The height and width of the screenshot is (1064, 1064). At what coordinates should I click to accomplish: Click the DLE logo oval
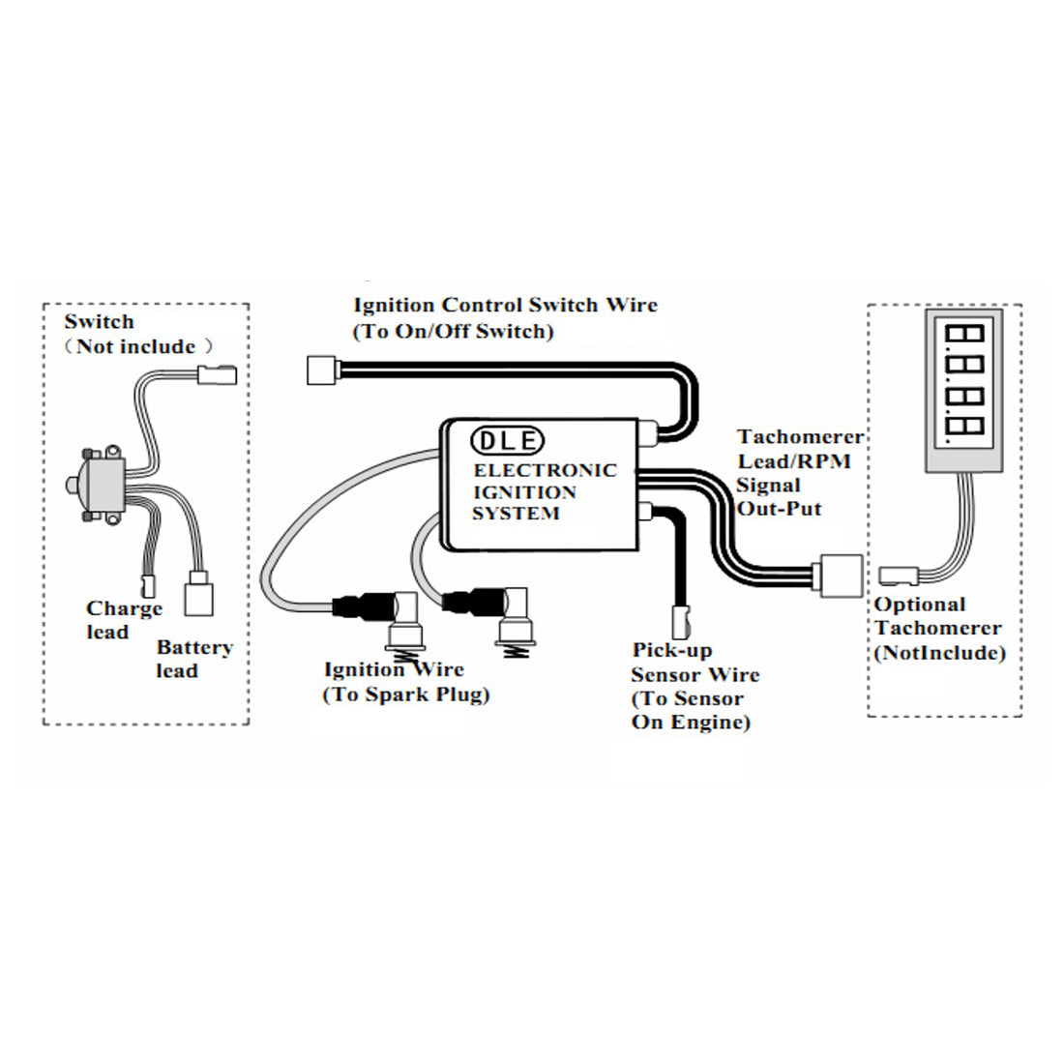pyautogui.click(x=507, y=441)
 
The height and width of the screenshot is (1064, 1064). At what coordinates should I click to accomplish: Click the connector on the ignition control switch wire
pyautogui.click(x=319, y=369)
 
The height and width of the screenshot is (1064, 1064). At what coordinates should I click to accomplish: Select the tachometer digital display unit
pyautogui.click(x=963, y=392)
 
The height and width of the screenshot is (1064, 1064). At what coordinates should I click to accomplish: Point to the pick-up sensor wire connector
pyautogui.click(x=681, y=615)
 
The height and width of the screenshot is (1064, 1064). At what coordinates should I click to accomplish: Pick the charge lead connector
pyautogui.click(x=147, y=583)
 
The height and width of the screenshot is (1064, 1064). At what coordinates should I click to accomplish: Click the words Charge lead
pyautogui.click(x=123, y=620)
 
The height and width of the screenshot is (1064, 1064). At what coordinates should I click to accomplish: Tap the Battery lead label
pyautogui.click(x=193, y=659)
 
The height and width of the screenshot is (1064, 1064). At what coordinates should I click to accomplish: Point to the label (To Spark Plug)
pyautogui.click(x=405, y=694)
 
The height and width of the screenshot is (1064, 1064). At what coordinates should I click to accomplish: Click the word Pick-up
pyautogui.click(x=671, y=650)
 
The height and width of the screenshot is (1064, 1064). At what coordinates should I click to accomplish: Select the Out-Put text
pyautogui.click(x=779, y=509)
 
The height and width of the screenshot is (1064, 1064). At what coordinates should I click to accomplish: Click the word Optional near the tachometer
pyautogui.click(x=920, y=605)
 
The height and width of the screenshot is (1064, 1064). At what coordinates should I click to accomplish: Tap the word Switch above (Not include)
pyautogui.click(x=99, y=322)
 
